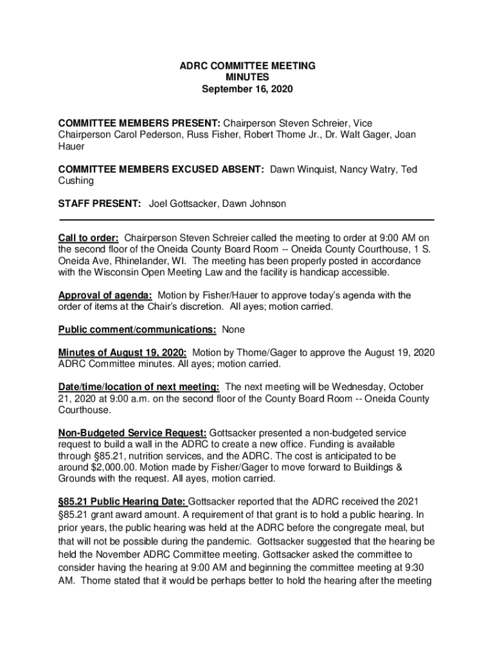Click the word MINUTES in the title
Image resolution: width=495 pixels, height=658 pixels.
[247, 78]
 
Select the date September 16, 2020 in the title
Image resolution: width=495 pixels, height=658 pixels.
[247, 89]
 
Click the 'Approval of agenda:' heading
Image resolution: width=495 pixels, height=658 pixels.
[105, 295]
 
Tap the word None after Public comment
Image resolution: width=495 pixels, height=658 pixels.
[233, 330]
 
